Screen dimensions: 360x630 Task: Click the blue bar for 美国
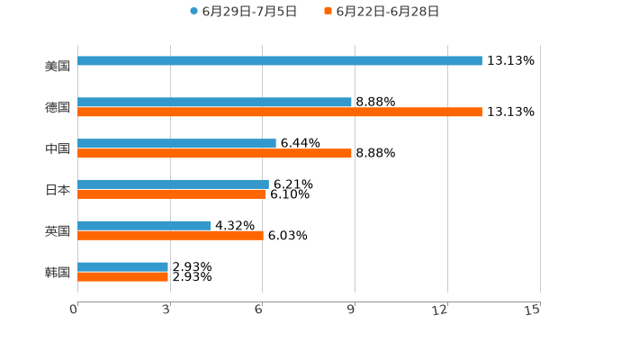coord(280,61)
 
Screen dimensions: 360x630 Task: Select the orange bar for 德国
coord(280,112)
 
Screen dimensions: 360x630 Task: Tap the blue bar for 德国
coord(214,103)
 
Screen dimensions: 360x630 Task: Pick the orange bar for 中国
coord(214,154)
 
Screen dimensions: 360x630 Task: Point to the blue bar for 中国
coord(176,144)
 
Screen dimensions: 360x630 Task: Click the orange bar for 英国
coord(170,236)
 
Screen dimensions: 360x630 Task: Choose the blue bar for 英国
coord(144,226)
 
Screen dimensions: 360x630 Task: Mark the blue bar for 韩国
coord(122,267)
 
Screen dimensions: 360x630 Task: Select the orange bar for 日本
coord(172,194)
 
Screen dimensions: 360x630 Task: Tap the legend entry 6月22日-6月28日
coord(387,12)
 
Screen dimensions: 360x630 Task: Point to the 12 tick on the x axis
coord(440,310)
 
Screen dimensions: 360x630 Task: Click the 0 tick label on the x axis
coord(74,310)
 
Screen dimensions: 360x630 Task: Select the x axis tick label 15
coord(533,310)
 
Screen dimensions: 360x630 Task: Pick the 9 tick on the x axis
coord(352,310)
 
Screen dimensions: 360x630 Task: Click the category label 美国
coord(58,67)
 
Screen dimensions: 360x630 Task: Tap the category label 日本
coord(58,190)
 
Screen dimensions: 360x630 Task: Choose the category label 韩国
coord(58,273)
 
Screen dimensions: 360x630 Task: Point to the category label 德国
coord(58,108)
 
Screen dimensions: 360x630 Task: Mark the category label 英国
coord(58,231)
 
